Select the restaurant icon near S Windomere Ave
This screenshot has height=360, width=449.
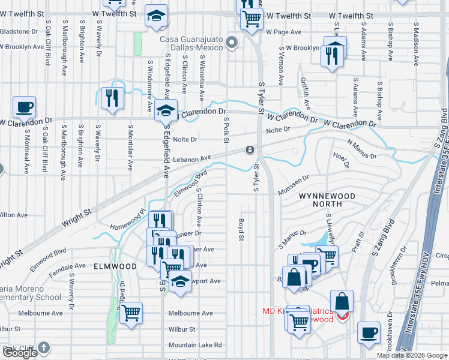(112, 97)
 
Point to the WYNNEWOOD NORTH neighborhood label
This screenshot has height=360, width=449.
(325, 200)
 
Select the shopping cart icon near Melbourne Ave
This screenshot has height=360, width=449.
(130, 313)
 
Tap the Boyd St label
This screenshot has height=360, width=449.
(242, 229)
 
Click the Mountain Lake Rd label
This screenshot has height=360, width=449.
(195, 345)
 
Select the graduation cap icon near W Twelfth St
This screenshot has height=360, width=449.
(156, 17)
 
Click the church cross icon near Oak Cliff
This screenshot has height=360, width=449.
(43, 347)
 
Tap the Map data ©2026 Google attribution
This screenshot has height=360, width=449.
(412, 355)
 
